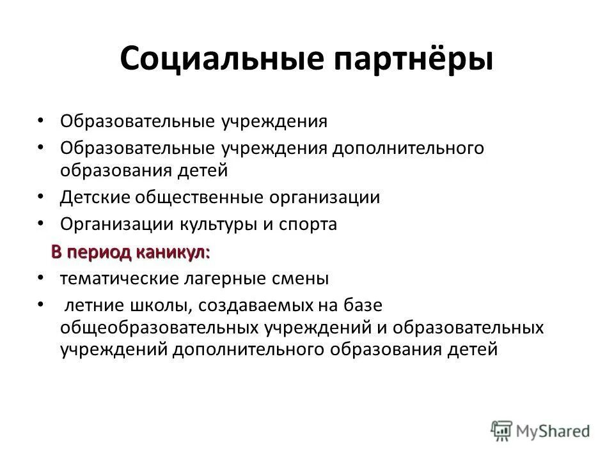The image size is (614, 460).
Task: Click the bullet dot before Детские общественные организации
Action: [x=40, y=195]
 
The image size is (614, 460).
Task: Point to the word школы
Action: [x=159, y=307]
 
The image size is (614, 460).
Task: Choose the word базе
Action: [x=359, y=307]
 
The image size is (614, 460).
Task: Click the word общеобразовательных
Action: [x=159, y=328]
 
